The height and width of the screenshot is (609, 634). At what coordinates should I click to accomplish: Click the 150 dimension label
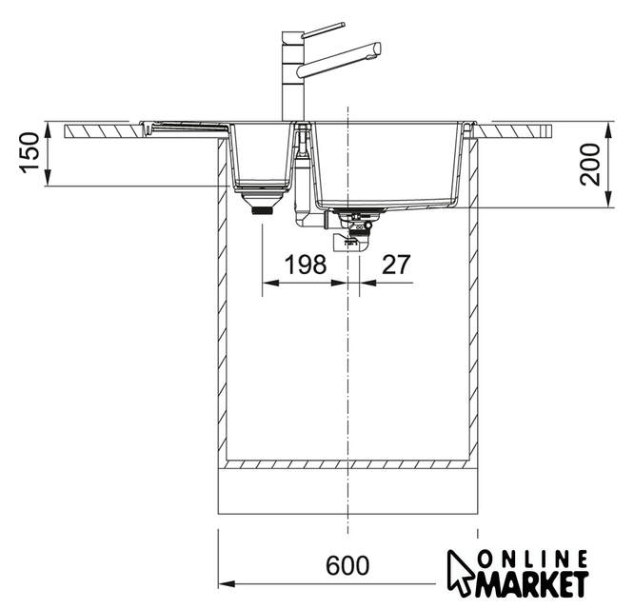(30, 153)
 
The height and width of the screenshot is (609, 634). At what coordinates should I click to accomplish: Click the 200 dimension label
(589, 164)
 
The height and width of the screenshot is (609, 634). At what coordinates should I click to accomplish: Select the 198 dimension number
(306, 265)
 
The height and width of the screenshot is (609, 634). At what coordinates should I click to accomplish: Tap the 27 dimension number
(396, 265)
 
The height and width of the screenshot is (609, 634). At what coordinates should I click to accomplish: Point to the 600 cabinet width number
(347, 565)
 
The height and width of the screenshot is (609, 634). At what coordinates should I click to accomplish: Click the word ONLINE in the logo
(532, 560)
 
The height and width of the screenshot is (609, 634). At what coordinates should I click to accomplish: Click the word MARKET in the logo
(532, 584)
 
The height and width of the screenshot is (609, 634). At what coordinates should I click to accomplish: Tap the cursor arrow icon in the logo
(460, 571)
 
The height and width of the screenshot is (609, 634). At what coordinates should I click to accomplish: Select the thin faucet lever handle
(324, 29)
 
